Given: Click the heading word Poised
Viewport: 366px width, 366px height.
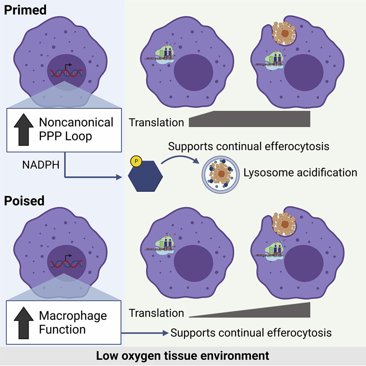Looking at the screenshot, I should pyautogui.click(x=24, y=201).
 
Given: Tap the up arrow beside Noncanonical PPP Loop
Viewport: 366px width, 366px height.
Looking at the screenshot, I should pyautogui.click(x=23, y=130).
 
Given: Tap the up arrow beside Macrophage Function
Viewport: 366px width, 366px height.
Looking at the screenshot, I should pyautogui.click(x=22, y=322).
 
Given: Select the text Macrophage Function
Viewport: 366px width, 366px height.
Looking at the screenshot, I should pyautogui.click(x=68, y=322).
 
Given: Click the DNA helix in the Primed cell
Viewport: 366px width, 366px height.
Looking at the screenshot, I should pyautogui.click(x=66, y=73).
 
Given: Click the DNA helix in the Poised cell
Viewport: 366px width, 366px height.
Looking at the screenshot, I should pyautogui.click(x=66, y=262).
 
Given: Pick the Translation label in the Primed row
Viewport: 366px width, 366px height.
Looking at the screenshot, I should pyautogui.click(x=156, y=122).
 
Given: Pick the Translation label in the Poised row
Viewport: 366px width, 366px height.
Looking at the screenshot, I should pyautogui.click(x=156, y=313).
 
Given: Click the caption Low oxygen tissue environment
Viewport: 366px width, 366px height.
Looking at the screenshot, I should pyautogui.click(x=183, y=356).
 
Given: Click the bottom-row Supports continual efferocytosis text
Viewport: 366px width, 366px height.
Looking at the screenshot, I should pyautogui.click(x=251, y=333).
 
